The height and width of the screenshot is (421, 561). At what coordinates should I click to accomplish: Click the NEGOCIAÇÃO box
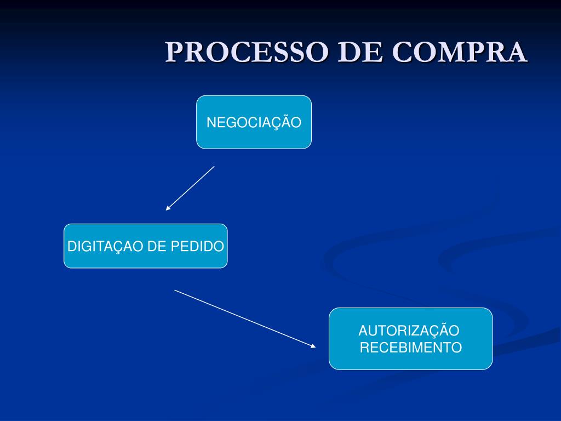coord(254,122)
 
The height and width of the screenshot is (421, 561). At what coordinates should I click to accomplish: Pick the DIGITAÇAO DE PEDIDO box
coord(145,246)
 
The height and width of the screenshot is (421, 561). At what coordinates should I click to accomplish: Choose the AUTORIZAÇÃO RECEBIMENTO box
coord(410,339)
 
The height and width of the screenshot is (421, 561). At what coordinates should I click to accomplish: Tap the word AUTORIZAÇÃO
coord(409,331)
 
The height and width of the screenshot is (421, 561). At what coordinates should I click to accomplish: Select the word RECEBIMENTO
coord(410,348)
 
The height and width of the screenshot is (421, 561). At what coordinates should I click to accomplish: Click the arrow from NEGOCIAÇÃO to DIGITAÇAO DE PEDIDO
coord(190,188)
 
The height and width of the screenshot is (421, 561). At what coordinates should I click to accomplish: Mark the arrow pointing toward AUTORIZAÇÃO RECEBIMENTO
coord(245,318)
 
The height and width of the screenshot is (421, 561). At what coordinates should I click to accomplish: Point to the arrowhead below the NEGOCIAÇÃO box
coord(168,208)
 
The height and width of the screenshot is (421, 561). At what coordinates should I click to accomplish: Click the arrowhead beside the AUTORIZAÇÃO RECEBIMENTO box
coord(313,346)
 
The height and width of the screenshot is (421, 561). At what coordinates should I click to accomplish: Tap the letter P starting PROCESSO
coord(175,53)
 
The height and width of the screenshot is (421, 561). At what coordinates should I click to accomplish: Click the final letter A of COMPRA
coord(517,53)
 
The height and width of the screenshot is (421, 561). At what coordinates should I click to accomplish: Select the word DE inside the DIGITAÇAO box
coord(157,247)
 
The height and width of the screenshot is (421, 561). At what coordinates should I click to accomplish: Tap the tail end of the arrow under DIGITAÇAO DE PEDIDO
coord(175,290)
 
